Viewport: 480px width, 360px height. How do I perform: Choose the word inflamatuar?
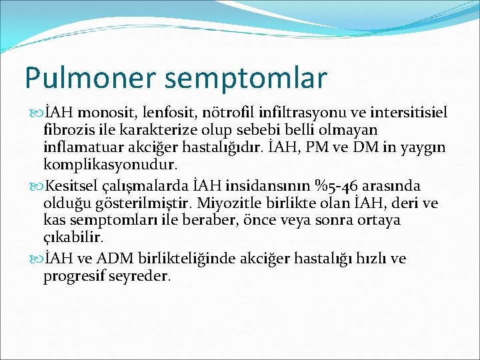82,146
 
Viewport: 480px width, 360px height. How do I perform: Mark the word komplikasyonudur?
109,164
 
